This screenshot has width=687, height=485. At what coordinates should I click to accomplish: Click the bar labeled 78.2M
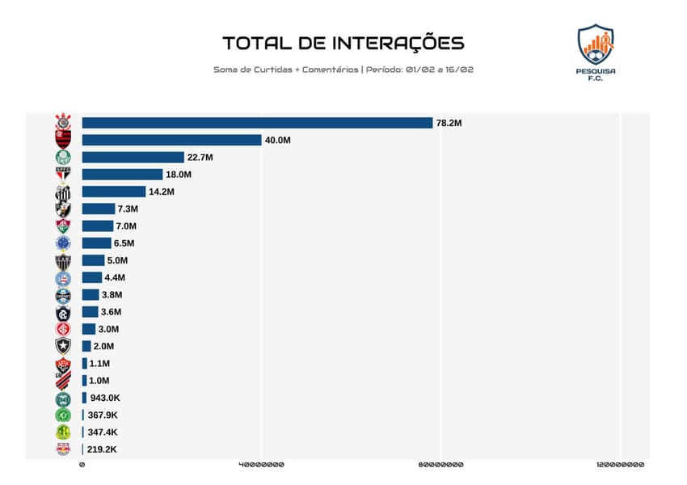pyautogui.click(x=257, y=123)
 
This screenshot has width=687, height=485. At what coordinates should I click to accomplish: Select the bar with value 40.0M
pyautogui.click(x=171, y=140)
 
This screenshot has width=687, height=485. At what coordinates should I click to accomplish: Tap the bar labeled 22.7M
pyautogui.click(x=133, y=157)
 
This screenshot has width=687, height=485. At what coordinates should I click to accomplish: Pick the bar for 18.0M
pyautogui.click(x=122, y=175)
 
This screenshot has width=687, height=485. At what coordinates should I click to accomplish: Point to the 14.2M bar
pyautogui.click(x=114, y=192)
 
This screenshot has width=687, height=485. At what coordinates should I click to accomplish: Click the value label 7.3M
pyautogui.click(x=128, y=209)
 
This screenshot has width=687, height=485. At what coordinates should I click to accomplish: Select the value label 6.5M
pyautogui.click(x=124, y=243)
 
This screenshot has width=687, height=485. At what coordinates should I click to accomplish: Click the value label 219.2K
pyautogui.click(x=103, y=449)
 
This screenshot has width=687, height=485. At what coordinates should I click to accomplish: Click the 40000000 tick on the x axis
pyautogui.click(x=260, y=465)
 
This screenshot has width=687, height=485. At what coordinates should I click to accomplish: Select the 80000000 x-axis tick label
pyautogui.click(x=440, y=465)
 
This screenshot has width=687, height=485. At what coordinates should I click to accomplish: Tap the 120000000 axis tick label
pyautogui.click(x=620, y=465)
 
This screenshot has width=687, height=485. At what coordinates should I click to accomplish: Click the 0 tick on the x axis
pyautogui.click(x=82, y=465)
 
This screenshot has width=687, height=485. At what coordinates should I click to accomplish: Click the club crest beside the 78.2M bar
pyautogui.click(x=62, y=123)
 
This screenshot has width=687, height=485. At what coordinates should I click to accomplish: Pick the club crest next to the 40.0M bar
pyautogui.click(x=62, y=140)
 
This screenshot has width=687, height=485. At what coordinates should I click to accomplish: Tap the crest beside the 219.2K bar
pyautogui.click(x=62, y=449)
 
